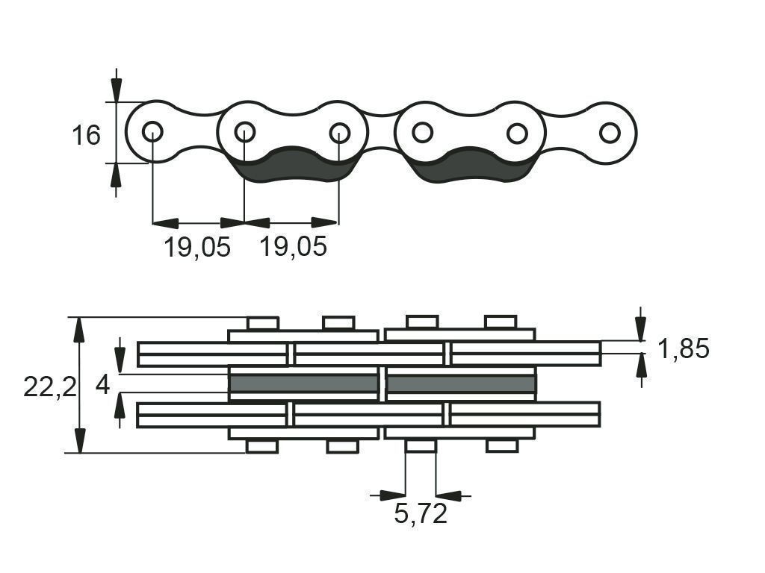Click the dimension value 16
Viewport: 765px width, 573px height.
[x=86, y=135]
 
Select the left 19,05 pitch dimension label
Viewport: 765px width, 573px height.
[x=196, y=246]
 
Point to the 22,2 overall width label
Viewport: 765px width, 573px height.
[x=50, y=388]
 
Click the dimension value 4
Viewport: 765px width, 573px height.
[x=102, y=386]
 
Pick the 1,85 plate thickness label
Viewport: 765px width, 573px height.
[x=684, y=349]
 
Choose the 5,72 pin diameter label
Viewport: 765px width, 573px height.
[x=421, y=513]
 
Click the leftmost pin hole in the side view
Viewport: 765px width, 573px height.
[x=152, y=131]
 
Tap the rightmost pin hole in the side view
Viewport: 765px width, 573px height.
[x=610, y=133]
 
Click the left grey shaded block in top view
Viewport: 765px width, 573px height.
[x=303, y=383]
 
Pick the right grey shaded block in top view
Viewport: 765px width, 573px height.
[x=461, y=383]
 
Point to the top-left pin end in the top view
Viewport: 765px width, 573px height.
[x=263, y=323]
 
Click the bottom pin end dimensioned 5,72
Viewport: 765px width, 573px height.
[x=421, y=446]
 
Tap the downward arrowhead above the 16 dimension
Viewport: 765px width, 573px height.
[x=116, y=90]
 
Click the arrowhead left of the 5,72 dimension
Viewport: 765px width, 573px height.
[x=393, y=496]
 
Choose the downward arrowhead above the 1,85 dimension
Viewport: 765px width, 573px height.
[x=641, y=329]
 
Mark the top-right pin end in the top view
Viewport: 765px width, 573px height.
[x=501, y=322]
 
